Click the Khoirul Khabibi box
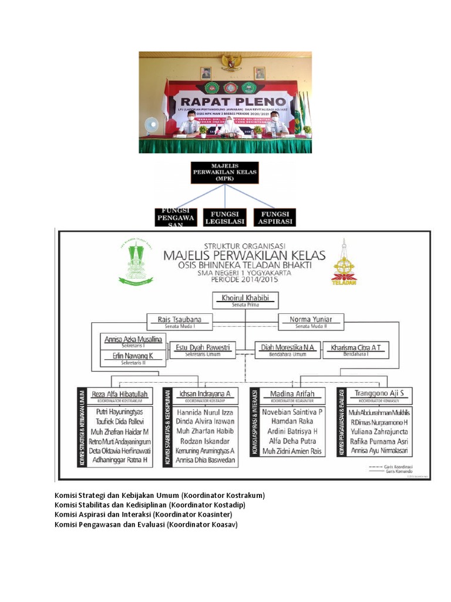[x=245, y=300]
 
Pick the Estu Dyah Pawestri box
[x=203, y=349]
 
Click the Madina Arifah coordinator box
[x=292, y=395]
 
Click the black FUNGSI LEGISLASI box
[x=224, y=217]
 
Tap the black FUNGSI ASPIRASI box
[x=275, y=217]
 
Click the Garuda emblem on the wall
[x=230, y=62]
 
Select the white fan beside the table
[x=151, y=125]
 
